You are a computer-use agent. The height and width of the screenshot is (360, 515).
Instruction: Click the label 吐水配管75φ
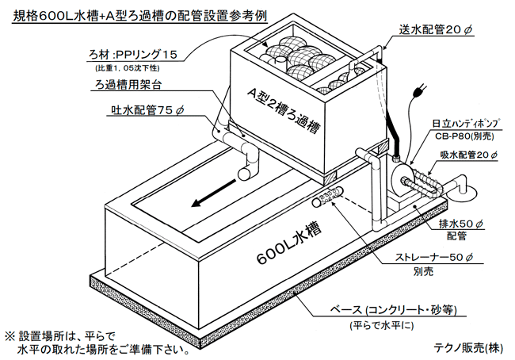point(143,110)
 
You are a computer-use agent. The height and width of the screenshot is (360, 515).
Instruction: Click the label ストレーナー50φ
point(434,257)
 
